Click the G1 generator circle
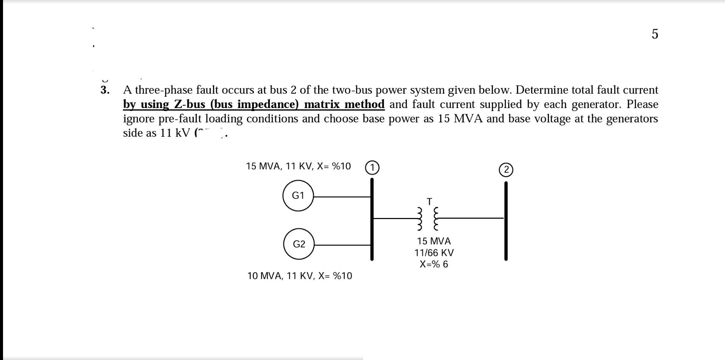tap(298, 196)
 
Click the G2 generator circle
tap(299, 244)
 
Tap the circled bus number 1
tap(372, 167)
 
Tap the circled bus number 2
tap(506, 170)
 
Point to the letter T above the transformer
tap(429, 202)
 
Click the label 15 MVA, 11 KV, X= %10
tap(298, 166)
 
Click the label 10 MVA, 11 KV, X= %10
tap(300, 276)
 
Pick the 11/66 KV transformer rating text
tap(434, 253)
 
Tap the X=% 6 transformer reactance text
tap(434, 264)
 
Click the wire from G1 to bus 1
tap(342, 197)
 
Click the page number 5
tap(655, 34)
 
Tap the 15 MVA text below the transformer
tap(434, 241)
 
